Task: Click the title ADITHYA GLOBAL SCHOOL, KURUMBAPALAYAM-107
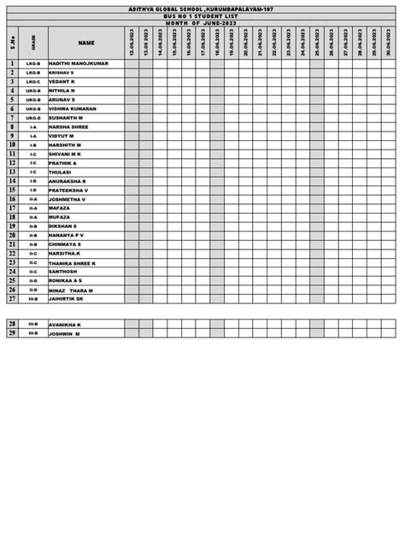[202, 9]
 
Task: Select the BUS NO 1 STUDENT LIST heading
[202, 15]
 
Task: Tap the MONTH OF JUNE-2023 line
[202, 22]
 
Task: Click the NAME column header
[86, 43]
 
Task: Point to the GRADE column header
[33, 43]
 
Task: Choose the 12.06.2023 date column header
[132, 43]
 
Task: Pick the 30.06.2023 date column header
[389, 43]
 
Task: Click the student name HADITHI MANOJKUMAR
[79, 64]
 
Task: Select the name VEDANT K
[62, 82]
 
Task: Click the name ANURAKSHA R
[67, 181]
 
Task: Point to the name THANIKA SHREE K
[73, 263]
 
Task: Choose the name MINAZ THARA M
[71, 291]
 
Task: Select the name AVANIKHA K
[65, 325]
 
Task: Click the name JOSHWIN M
[64, 334]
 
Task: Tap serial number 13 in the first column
[13, 172]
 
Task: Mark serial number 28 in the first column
[13, 325]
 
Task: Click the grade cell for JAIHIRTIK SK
[33, 299]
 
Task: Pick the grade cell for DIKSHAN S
[33, 226]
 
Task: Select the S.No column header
[13, 43]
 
